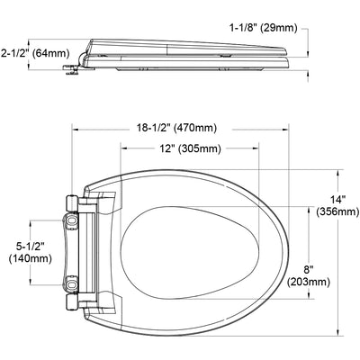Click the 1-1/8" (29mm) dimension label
(264, 28)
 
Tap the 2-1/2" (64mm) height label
(35, 53)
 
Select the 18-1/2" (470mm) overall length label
(176, 128)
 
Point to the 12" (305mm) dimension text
(190, 148)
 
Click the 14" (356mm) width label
(337, 206)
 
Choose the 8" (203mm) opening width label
(309, 276)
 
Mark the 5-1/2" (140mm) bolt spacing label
(31, 253)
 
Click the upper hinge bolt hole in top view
(72, 221)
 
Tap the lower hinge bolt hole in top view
(72, 284)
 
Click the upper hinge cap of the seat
(72, 203)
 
